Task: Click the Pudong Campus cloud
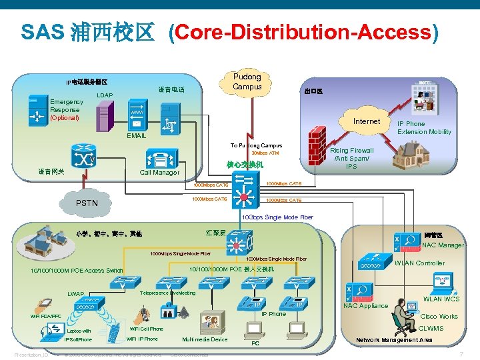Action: click(x=247, y=81)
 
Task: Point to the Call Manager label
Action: click(x=159, y=173)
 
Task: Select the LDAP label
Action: click(x=105, y=95)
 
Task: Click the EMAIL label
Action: click(x=136, y=135)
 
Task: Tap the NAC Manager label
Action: click(x=443, y=245)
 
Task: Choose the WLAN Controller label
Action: click(x=419, y=263)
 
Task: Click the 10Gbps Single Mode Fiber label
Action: click(x=277, y=217)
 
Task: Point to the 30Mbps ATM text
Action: click(x=265, y=154)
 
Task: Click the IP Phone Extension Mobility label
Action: click(x=424, y=128)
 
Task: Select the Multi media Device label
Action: click(x=205, y=339)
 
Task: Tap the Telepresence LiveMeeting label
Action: click(x=167, y=293)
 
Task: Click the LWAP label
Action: click(x=75, y=294)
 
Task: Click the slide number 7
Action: click(x=461, y=354)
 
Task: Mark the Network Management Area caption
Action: click(x=394, y=340)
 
